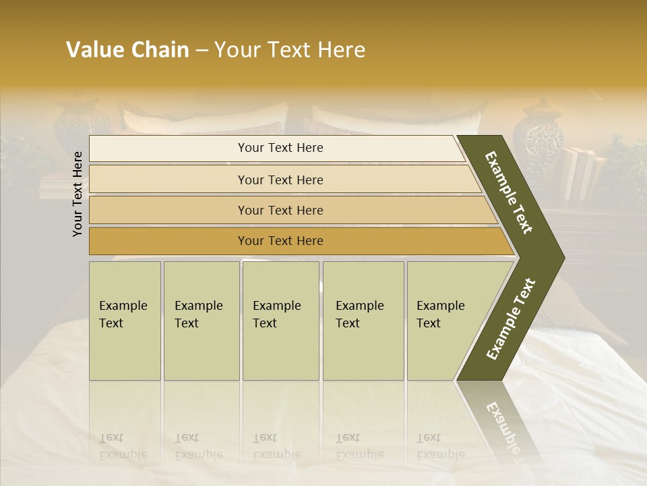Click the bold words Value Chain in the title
coord(127,50)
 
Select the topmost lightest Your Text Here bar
coord(280,148)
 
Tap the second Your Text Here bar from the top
coord(280,180)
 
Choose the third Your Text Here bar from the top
coord(280,210)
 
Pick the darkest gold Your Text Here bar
coord(280,241)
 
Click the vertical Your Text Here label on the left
coord(78,194)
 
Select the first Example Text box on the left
coord(125,320)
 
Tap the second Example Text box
coord(201,320)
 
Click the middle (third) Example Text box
coord(280,320)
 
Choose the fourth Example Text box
coord(363,320)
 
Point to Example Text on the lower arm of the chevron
coord(511,319)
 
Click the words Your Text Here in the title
coord(290,50)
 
